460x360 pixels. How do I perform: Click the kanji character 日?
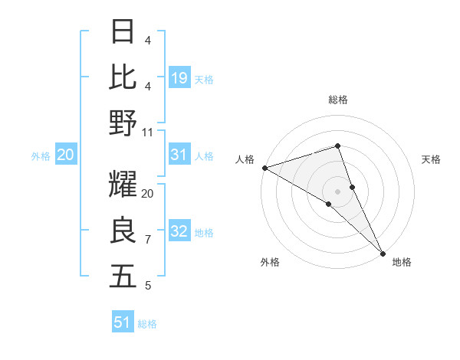(123, 31)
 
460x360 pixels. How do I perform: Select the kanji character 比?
(123, 77)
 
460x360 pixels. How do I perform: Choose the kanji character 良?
(123, 231)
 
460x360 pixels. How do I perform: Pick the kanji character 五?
(123, 277)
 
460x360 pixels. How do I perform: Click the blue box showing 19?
(179, 77)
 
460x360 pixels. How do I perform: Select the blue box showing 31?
(179, 155)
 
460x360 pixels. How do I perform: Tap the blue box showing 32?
(179, 232)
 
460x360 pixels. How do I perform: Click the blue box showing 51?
(123, 322)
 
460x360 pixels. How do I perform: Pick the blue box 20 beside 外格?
(65, 155)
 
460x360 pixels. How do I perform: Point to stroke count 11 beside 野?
(148, 132)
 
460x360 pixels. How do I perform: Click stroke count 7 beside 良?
(148, 240)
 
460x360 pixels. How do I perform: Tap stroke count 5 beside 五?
(148, 286)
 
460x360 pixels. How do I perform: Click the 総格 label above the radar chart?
(338, 100)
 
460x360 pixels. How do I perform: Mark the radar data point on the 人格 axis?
(264, 167)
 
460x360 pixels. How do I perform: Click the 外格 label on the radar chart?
(270, 263)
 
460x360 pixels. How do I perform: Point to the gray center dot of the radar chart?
(338, 191)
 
